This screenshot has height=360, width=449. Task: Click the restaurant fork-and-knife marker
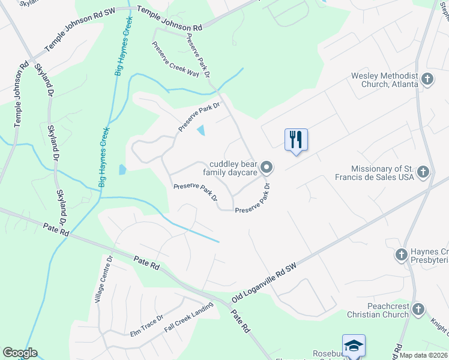[296, 140]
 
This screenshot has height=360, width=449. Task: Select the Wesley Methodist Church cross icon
[427, 79]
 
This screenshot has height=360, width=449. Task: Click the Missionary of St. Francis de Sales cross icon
[424, 173]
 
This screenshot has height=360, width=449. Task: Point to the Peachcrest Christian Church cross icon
[418, 310]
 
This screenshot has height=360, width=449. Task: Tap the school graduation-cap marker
[354, 346]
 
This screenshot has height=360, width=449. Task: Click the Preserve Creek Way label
[175, 59]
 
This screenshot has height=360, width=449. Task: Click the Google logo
[20, 353]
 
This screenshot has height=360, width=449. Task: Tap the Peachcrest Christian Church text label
[378, 310]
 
